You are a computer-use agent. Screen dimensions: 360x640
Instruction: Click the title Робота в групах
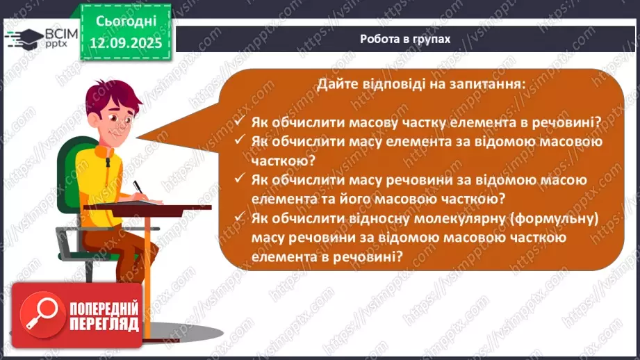tap(405, 39)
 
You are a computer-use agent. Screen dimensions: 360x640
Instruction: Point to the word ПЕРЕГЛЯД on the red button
tap(103, 325)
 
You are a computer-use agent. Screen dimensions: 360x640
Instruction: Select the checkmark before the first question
tap(239, 121)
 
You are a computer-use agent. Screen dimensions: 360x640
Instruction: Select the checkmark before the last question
tap(239, 219)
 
